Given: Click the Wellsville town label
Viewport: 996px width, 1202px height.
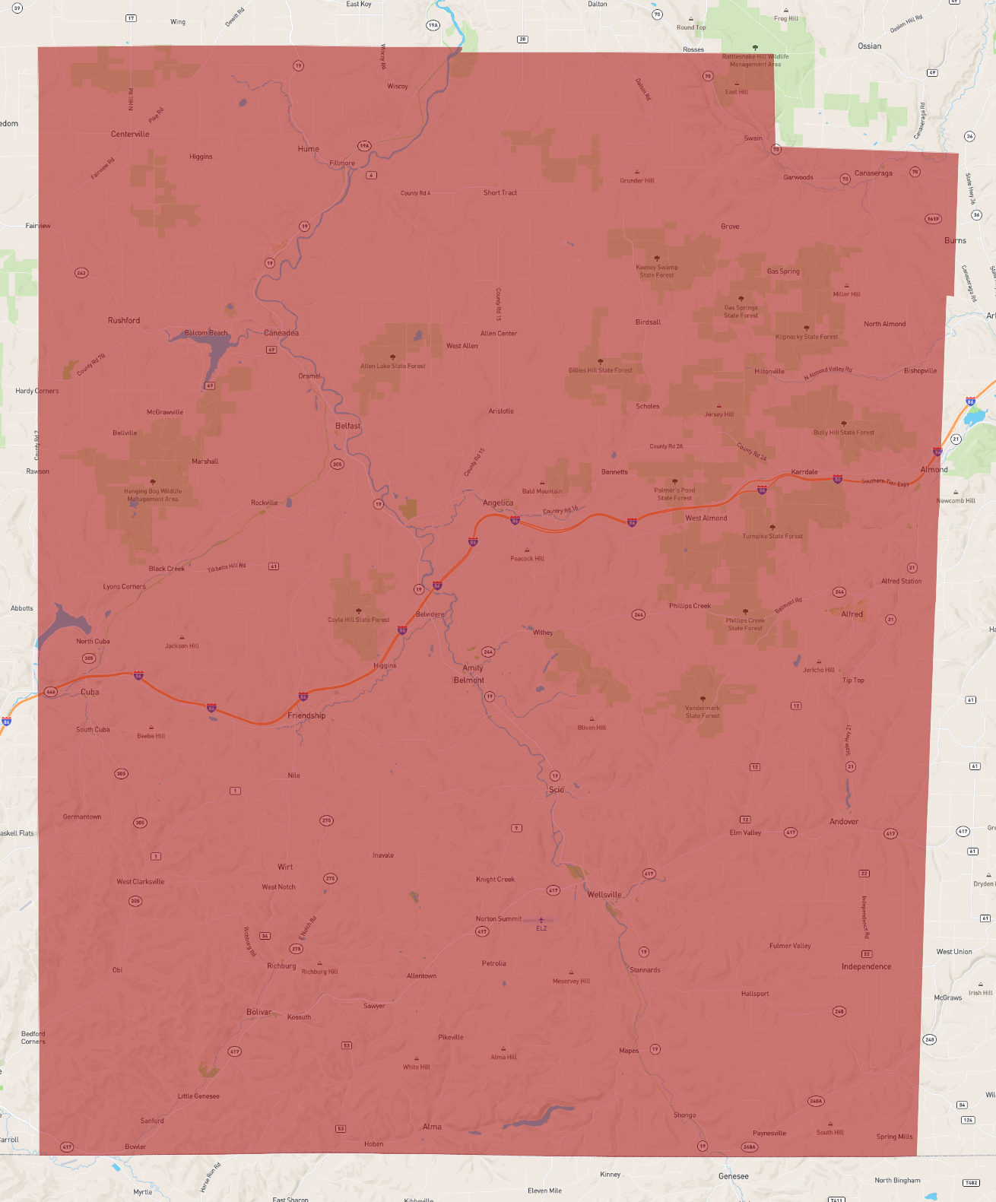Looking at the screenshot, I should click(x=604, y=895).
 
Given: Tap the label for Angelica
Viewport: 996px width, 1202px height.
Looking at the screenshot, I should click(x=498, y=503).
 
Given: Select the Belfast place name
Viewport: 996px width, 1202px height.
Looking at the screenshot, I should click(x=348, y=426).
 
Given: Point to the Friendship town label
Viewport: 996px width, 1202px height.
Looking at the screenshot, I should click(x=306, y=715).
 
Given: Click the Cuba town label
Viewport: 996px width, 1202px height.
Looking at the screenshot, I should click(x=90, y=692).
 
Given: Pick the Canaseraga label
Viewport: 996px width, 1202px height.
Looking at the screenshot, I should click(x=873, y=173).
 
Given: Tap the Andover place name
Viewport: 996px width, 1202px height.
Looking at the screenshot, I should click(x=844, y=822).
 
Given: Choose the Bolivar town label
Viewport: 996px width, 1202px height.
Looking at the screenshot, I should click(x=259, y=1012).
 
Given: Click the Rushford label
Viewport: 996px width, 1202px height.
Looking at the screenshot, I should click(x=124, y=321).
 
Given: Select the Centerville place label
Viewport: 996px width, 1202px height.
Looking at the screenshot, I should click(x=130, y=134).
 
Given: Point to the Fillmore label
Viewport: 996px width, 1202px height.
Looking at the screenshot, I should click(x=342, y=163).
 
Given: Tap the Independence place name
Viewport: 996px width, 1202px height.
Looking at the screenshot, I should click(x=866, y=967).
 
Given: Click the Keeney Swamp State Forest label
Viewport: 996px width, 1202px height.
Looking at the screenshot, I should click(x=657, y=271).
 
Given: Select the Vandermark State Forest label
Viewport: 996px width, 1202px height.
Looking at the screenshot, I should click(x=703, y=712).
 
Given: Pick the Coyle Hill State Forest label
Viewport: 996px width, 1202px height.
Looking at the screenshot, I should click(x=358, y=620).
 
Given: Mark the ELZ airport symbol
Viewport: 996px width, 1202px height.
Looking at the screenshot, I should click(x=541, y=920).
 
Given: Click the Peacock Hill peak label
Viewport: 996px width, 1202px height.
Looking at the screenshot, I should click(x=527, y=559).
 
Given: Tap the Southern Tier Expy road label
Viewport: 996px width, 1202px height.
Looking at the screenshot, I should click(x=885, y=482).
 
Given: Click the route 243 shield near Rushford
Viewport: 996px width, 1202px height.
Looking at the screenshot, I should click(x=81, y=272).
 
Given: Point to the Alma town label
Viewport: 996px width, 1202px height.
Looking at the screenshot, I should click(x=432, y=1127).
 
